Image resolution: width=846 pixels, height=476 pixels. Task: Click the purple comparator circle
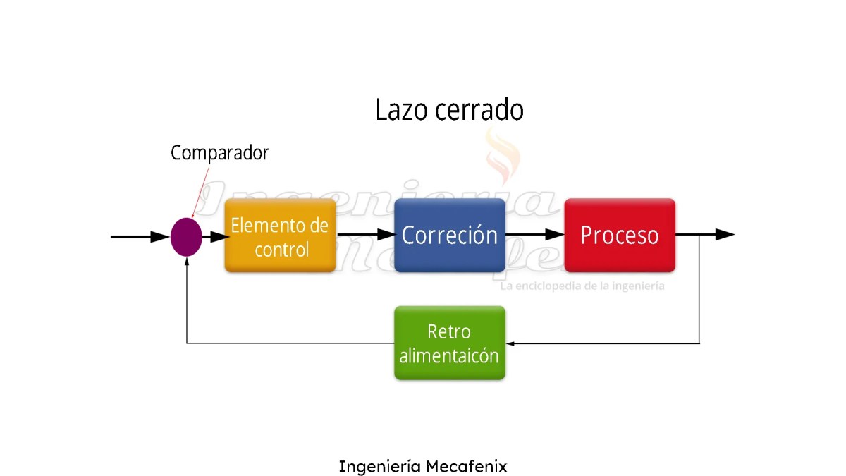pyautogui.click(x=186, y=236)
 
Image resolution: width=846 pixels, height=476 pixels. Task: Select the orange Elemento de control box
pyautogui.click(x=280, y=236)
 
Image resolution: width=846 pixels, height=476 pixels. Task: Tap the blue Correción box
pyautogui.click(x=450, y=236)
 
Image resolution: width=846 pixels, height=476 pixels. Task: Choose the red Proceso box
pyautogui.click(x=620, y=236)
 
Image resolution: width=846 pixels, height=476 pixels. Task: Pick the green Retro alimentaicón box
pyautogui.click(x=450, y=343)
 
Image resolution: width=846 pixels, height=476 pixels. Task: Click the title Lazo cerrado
pyautogui.click(x=449, y=111)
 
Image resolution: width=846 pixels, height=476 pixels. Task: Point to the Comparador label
pyautogui.click(x=220, y=152)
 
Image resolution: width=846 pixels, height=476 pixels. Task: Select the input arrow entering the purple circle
pyautogui.click(x=141, y=237)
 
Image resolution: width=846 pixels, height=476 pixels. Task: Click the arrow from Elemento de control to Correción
pyautogui.click(x=365, y=235)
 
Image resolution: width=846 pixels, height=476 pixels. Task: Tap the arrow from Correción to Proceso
pyautogui.click(x=535, y=235)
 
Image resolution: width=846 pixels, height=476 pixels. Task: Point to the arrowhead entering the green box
pyautogui.click(x=510, y=343)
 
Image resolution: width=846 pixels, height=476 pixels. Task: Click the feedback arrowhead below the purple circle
pyautogui.click(x=186, y=260)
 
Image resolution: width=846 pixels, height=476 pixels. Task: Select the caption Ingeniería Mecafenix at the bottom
pyautogui.click(x=423, y=466)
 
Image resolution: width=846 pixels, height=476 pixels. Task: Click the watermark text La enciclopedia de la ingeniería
pyautogui.click(x=582, y=286)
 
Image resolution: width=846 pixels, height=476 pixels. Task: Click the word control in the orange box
pyautogui.click(x=281, y=250)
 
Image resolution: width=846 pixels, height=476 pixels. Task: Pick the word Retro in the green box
pyautogui.click(x=449, y=331)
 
